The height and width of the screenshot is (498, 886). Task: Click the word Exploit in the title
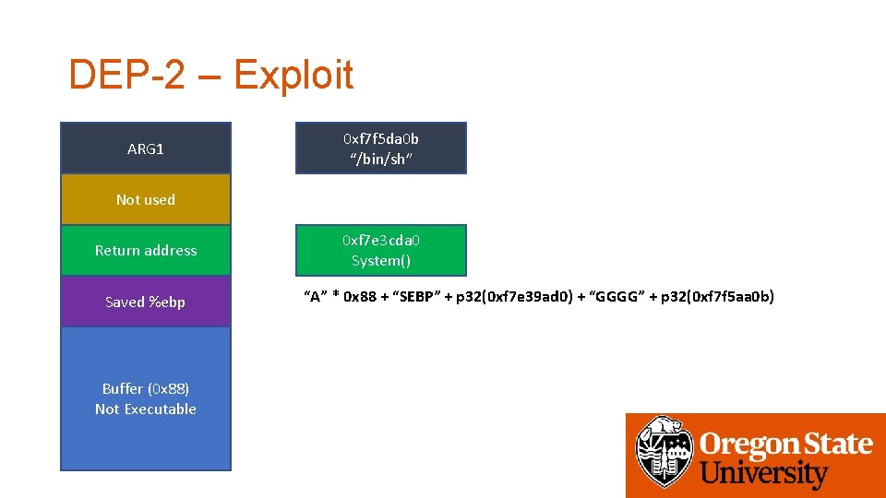click(293, 75)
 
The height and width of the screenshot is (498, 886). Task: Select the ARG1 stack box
click(146, 148)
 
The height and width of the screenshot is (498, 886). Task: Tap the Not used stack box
click(146, 199)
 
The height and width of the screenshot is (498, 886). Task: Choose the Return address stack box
click(146, 250)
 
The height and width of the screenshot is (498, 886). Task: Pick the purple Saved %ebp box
click(146, 302)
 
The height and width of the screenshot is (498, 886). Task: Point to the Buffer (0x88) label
click(146, 388)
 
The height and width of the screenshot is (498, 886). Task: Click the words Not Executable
click(146, 409)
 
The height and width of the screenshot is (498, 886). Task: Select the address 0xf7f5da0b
click(381, 138)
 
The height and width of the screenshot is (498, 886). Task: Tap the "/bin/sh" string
click(381, 159)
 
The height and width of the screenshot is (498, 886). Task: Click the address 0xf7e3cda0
click(381, 240)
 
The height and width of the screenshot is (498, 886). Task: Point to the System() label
click(381, 260)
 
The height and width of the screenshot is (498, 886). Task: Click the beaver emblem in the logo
click(663, 452)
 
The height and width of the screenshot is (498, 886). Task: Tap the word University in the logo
click(764, 474)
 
